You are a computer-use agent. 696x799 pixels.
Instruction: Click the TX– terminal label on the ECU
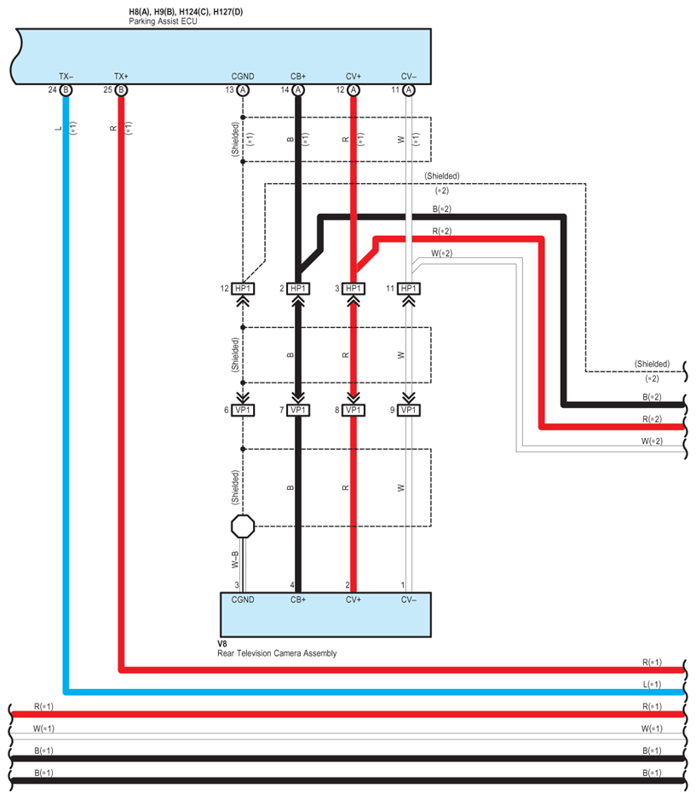66,77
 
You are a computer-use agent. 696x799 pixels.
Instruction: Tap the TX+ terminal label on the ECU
121,77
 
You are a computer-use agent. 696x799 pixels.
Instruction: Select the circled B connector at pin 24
66,90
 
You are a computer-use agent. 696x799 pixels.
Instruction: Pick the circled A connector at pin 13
243,90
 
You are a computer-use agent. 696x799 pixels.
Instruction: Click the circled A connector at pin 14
298,90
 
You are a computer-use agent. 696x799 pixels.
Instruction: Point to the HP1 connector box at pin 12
243,289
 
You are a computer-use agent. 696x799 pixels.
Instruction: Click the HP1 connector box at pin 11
409,289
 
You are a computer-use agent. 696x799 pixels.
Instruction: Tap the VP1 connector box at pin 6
243,411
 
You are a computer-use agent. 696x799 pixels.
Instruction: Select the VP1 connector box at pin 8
353,411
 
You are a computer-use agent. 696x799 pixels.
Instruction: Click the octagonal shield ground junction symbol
243,526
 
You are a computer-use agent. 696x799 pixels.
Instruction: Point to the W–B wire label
235,560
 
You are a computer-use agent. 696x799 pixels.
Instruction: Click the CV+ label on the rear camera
353,600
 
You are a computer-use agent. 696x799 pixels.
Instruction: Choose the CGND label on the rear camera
243,600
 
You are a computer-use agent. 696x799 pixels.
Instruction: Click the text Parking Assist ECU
163,21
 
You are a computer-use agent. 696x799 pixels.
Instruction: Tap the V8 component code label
222,644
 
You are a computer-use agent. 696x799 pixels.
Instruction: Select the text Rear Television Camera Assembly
277,653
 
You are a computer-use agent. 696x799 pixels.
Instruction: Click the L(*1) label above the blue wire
652,684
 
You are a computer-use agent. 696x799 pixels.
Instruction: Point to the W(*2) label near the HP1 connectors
442,253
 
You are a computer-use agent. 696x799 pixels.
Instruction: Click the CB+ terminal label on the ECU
298,77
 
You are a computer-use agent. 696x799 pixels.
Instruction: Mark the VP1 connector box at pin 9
409,411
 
